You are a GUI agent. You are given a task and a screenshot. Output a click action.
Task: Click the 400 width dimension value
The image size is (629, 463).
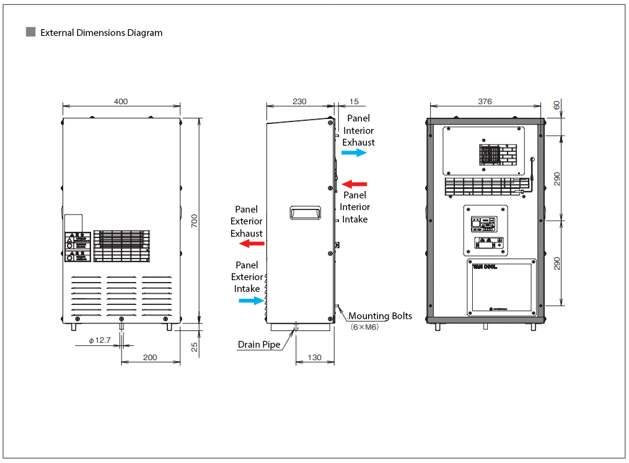(121, 102)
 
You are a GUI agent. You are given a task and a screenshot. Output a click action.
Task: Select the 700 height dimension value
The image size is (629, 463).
(194, 220)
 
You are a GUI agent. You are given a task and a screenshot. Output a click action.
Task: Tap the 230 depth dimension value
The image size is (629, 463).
(299, 102)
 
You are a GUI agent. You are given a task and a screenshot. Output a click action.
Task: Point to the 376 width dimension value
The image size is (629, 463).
(485, 102)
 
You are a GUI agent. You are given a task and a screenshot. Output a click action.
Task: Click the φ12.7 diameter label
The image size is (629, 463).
(99, 340)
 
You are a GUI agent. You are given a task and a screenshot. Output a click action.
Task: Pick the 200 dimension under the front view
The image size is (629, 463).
(150, 357)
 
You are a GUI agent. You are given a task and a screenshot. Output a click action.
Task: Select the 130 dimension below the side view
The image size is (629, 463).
(315, 357)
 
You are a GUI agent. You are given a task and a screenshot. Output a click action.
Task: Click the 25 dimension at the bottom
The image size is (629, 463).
(194, 348)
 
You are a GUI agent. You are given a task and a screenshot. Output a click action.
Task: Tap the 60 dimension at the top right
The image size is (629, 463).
(556, 105)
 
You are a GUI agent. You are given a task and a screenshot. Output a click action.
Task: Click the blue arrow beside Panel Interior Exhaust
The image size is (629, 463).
(354, 152)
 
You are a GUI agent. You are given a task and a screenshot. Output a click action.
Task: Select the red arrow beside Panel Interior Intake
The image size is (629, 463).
(354, 183)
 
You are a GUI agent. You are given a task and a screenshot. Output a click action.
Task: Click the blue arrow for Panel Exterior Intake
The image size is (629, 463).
(252, 301)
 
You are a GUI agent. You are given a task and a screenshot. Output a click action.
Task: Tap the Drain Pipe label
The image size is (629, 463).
(259, 345)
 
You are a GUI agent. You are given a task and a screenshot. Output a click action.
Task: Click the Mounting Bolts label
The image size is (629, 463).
(380, 316)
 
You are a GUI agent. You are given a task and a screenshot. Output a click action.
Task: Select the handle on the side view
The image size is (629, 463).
(305, 213)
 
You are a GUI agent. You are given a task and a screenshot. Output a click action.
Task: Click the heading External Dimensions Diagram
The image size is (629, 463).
(101, 33)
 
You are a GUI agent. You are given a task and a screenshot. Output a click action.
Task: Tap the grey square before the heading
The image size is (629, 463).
(30, 32)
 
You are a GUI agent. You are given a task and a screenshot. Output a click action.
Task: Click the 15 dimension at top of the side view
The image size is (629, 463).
(354, 102)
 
